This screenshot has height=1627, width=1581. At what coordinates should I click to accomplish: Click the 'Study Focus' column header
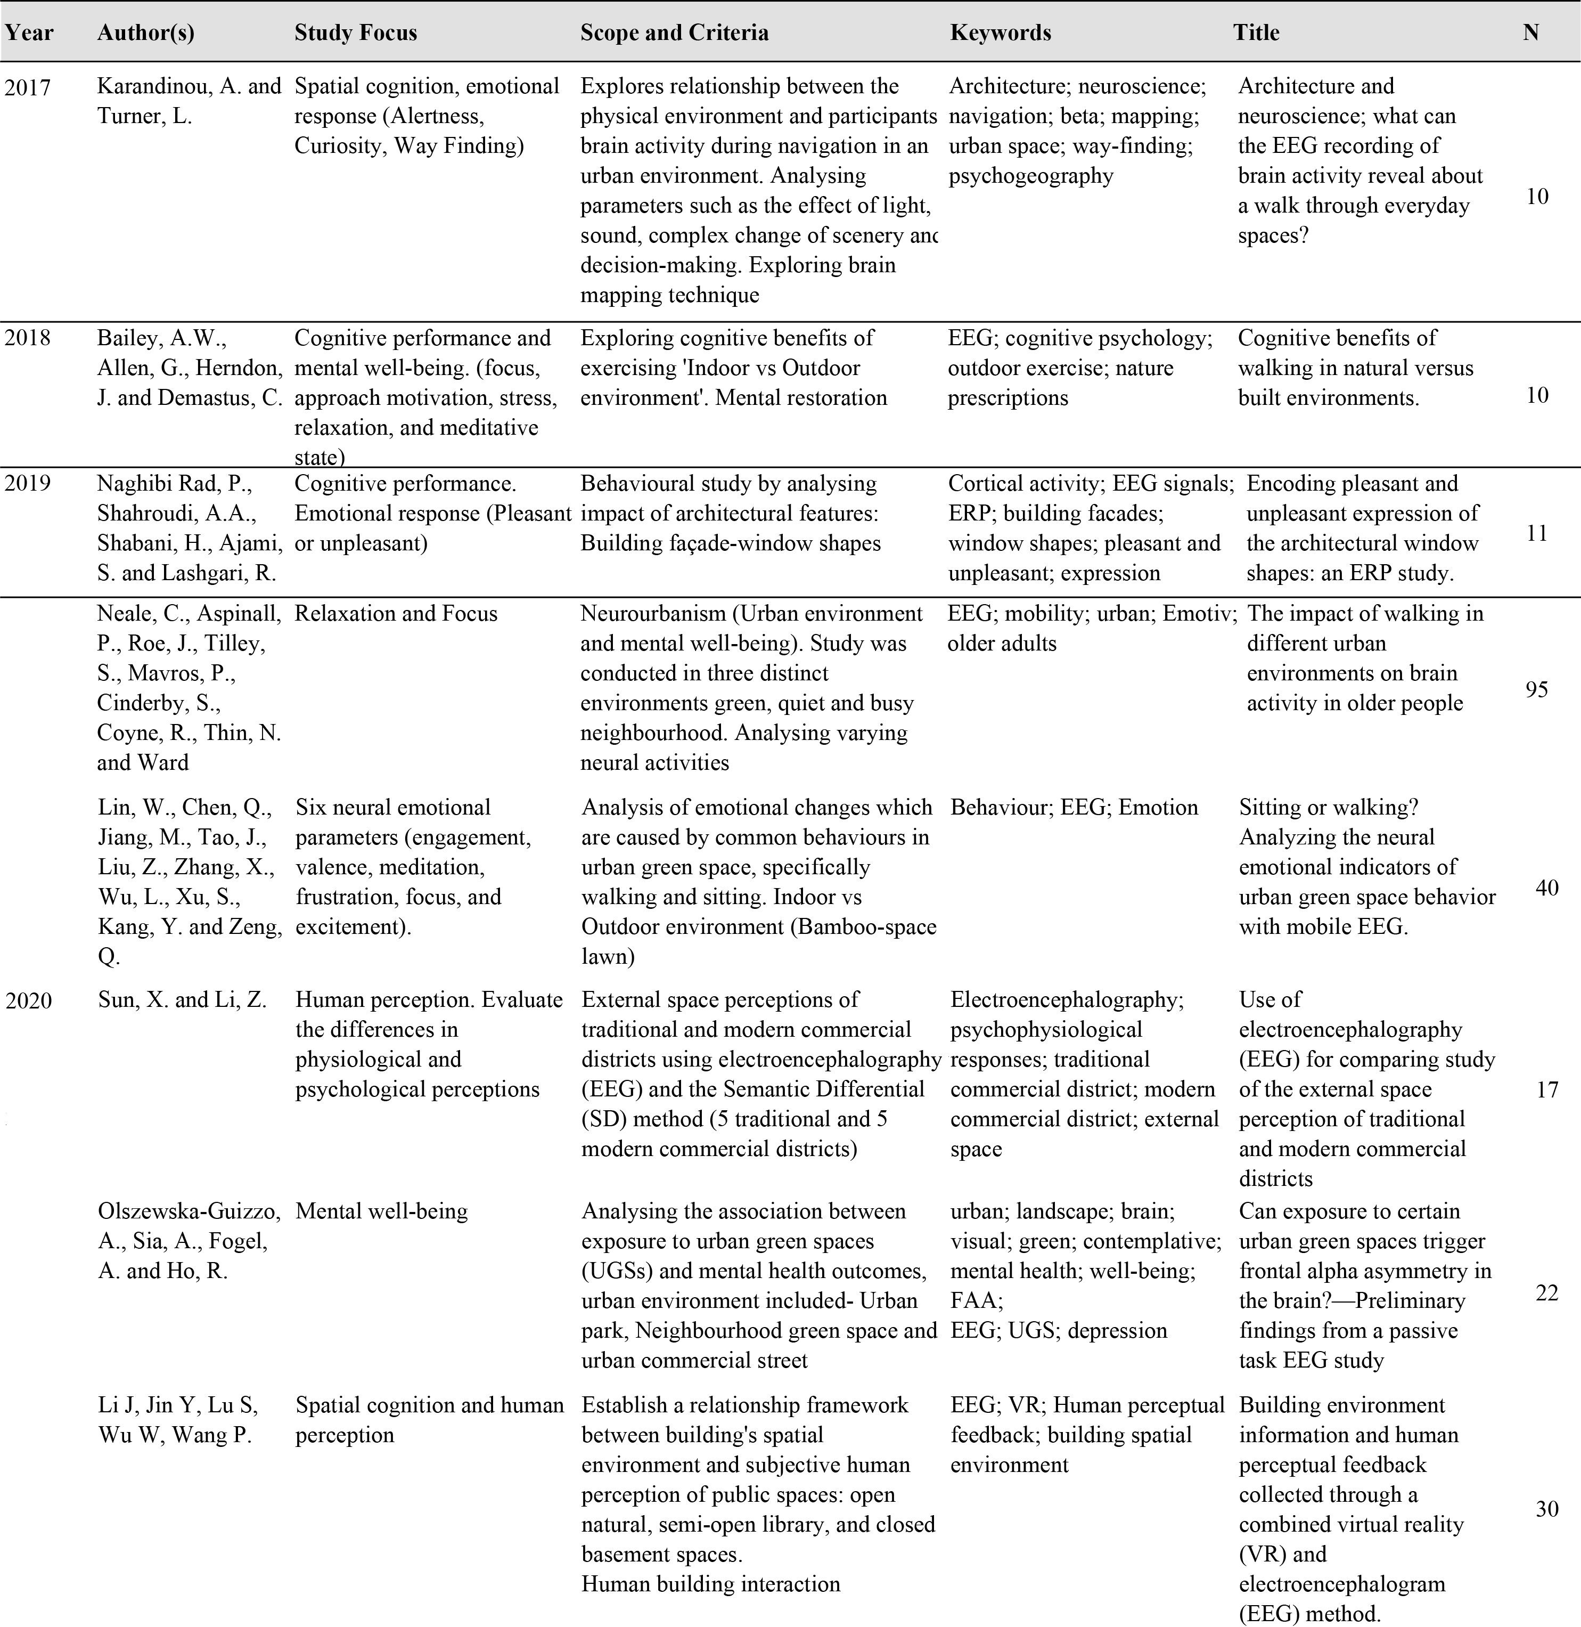(x=355, y=32)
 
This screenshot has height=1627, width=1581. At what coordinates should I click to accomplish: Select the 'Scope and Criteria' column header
(x=674, y=32)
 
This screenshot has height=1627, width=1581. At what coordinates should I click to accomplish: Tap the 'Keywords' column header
(x=1001, y=32)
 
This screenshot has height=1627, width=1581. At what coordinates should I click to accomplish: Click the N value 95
(x=1536, y=689)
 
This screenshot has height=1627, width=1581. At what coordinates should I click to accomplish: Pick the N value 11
(x=1537, y=533)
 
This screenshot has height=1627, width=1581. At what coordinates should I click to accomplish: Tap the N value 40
(x=1546, y=888)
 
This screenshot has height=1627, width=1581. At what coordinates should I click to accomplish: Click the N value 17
(x=1546, y=1089)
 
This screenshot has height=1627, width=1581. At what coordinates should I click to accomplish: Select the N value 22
(x=1546, y=1293)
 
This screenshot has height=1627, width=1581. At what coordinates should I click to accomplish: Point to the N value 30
(x=1546, y=1508)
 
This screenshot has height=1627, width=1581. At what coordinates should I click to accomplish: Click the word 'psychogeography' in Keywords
(x=1030, y=176)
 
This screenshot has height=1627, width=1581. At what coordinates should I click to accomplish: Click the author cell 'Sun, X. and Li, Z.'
(x=182, y=1000)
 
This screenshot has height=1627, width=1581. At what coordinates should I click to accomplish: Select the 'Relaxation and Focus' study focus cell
(x=396, y=614)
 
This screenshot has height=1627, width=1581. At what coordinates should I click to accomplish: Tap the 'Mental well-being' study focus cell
(x=381, y=1212)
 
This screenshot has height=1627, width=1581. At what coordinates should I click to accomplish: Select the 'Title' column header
(x=1256, y=32)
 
